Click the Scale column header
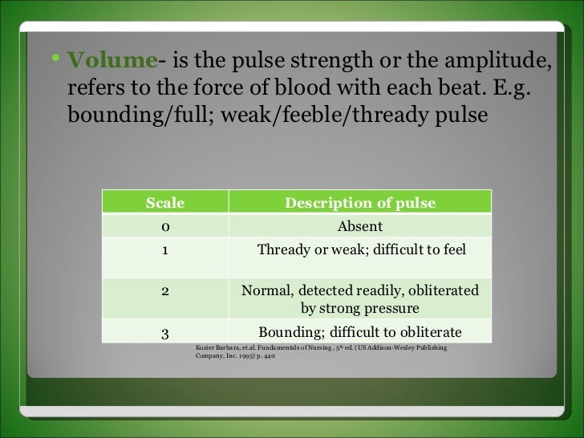(164, 203)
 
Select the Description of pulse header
(360, 203)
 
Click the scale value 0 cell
(164, 226)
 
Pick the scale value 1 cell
(164, 249)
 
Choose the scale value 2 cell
(164, 290)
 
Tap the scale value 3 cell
(164, 332)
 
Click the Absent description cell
(359, 226)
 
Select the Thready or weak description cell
(361, 249)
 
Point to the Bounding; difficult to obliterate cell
(359, 332)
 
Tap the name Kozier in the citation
(206, 347)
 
